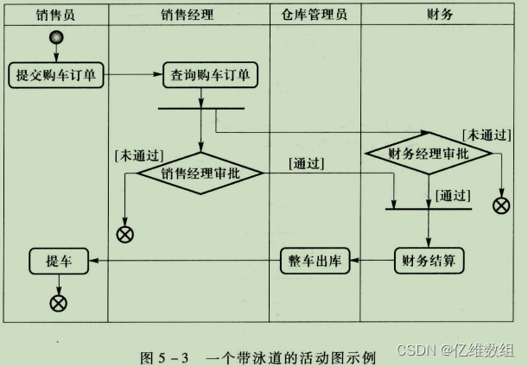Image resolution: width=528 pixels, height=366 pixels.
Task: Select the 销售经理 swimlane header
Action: [x=188, y=15]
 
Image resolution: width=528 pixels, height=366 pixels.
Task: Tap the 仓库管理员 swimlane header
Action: [x=315, y=15]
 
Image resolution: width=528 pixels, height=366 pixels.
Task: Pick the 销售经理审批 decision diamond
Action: [x=201, y=173]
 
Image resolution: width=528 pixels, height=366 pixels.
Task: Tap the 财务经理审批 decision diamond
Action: [x=429, y=154]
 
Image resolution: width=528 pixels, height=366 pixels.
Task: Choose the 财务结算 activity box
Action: [x=429, y=259]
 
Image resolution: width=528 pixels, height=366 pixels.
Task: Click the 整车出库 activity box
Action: [x=315, y=259]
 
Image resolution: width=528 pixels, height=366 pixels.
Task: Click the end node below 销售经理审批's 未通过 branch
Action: [x=125, y=233]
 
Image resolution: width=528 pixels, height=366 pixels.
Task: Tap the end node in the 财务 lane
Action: [x=499, y=205]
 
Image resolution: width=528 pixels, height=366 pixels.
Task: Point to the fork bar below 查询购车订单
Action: [x=201, y=109]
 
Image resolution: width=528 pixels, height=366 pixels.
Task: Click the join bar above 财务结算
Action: [x=429, y=208]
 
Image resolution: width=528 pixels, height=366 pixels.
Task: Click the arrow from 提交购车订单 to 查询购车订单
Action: [x=134, y=75]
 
